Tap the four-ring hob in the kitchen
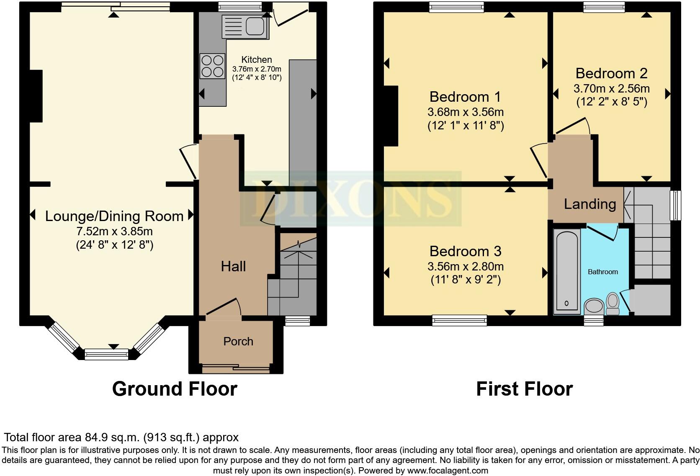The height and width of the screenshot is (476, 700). point(212,66)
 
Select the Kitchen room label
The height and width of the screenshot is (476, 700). point(257,59)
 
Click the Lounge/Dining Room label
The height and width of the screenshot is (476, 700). point(114,216)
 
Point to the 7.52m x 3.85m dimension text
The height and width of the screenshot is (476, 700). point(114,231)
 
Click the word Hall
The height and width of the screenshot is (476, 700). point(233,266)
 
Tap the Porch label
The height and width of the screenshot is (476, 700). point(238,341)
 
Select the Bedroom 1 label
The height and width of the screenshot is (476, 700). point(465,97)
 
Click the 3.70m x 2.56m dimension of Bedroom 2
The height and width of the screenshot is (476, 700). point(611,88)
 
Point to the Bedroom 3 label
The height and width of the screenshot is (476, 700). point(465,251)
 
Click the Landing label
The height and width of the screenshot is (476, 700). point(589,204)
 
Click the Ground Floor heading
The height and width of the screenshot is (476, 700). point(175,389)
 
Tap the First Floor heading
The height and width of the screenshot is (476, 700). point(524,389)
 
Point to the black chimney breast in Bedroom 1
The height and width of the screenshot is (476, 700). point(391,116)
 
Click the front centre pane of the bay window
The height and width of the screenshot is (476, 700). point(106,355)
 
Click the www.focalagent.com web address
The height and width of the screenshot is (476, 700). point(448,470)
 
